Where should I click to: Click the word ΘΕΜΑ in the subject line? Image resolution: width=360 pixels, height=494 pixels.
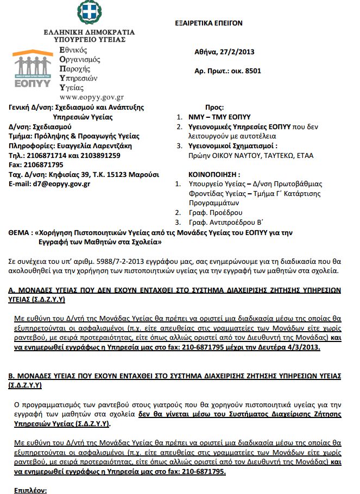(20, 232)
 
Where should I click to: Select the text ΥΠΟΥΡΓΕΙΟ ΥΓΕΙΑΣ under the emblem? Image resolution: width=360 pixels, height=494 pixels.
(90, 40)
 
